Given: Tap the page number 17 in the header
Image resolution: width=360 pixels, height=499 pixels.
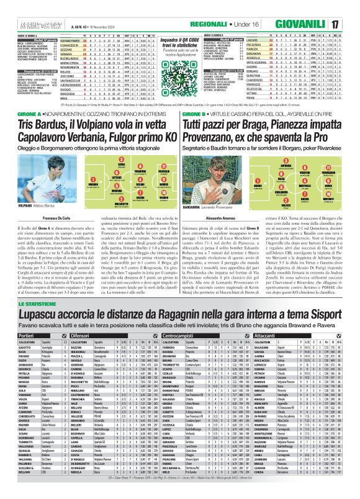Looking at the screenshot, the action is click(x=351, y=9).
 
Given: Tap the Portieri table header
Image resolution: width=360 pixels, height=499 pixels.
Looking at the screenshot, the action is click(x=13, y=334).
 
